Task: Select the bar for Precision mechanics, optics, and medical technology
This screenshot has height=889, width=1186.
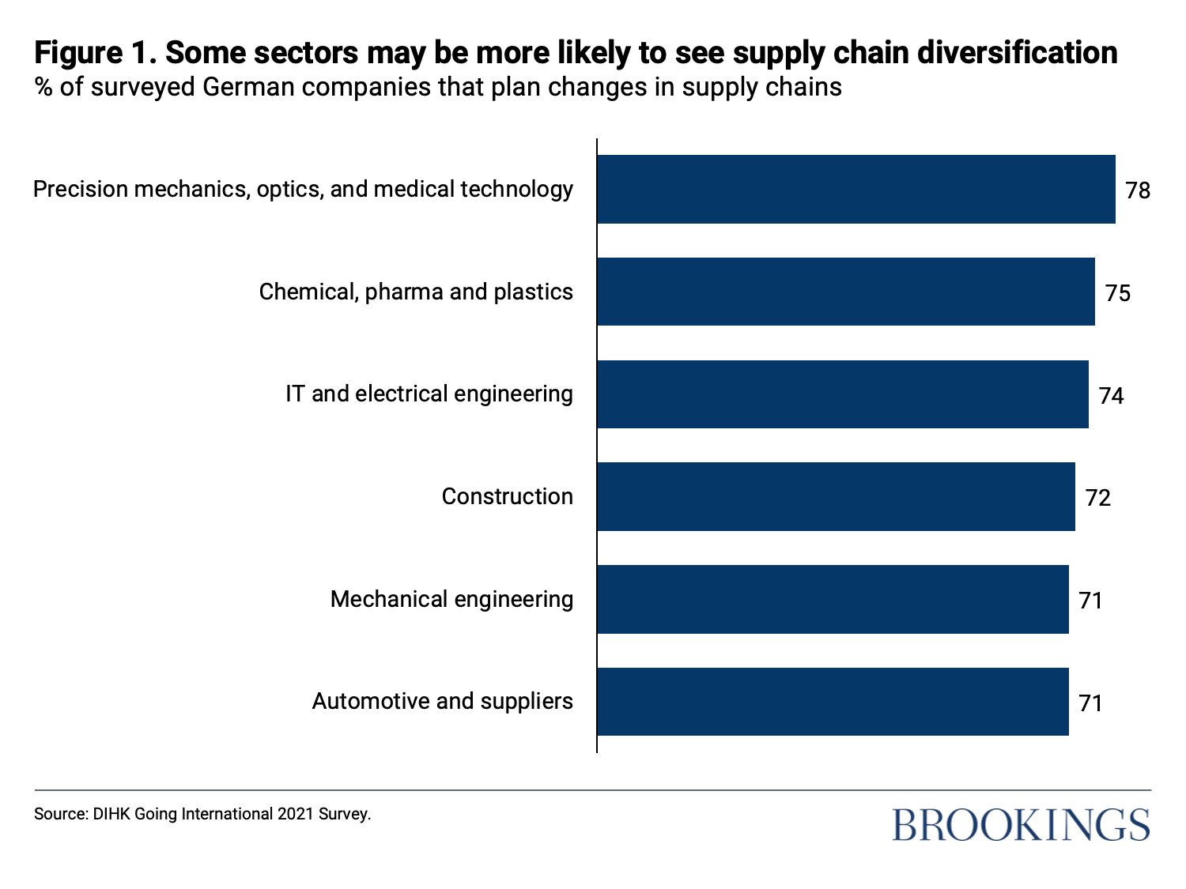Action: [x=856, y=190]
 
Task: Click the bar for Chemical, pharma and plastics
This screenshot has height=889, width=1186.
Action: [x=845, y=292]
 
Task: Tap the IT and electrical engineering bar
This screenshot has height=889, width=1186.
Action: [x=842, y=394]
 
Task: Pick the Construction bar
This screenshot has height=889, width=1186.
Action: [x=836, y=497]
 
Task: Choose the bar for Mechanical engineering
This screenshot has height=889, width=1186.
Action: [x=833, y=599]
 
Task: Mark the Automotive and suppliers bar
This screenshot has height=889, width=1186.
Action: [x=833, y=702]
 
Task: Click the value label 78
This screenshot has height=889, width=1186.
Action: [x=1138, y=190]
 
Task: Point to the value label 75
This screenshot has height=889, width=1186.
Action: [x=1118, y=293]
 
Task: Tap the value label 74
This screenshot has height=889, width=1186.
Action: [x=1111, y=395]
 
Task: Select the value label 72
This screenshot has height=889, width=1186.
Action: [x=1098, y=498]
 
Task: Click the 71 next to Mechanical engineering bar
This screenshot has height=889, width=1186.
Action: [x=1091, y=601]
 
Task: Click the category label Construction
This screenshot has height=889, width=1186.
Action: [x=507, y=496]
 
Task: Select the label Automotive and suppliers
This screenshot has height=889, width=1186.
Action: [x=442, y=701]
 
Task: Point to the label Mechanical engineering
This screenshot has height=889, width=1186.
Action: [x=451, y=599]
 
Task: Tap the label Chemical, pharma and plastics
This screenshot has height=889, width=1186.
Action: [x=416, y=292]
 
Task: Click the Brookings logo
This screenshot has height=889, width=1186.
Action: [x=1021, y=824]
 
